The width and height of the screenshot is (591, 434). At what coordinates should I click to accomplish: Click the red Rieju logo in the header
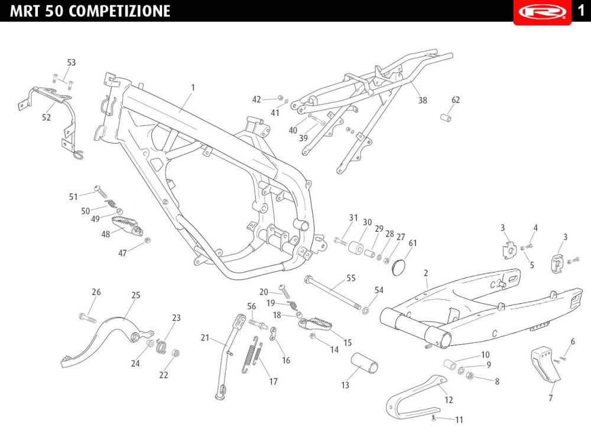(542, 12)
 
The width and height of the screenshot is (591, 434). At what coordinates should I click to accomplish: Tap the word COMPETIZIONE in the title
(119, 11)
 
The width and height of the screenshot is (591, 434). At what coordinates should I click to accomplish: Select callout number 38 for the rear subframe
(423, 100)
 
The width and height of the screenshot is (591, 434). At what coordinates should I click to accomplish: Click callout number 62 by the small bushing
(456, 100)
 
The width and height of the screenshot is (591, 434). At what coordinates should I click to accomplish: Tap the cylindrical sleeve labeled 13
(365, 362)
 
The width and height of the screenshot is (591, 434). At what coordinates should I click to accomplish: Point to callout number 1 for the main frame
(193, 88)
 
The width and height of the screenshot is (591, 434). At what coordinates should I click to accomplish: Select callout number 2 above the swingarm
(426, 273)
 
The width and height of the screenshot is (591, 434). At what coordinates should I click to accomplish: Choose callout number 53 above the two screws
(72, 63)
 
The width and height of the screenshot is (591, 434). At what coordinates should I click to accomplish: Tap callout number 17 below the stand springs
(273, 381)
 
